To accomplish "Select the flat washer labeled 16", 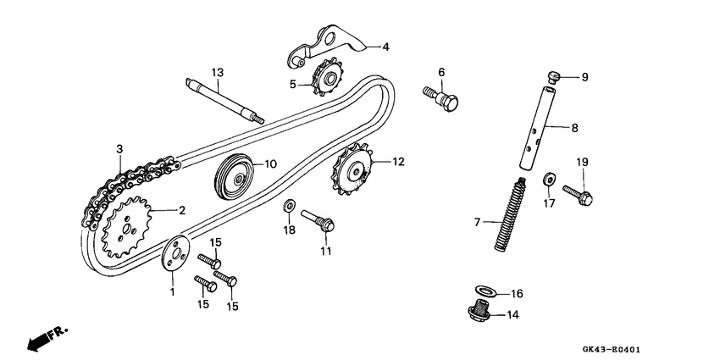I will [485, 293].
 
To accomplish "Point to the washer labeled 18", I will [290, 207].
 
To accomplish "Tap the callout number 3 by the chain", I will [119, 149].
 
